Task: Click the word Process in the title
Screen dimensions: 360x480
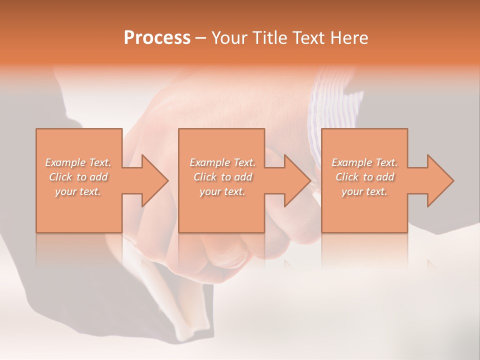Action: coord(157,38)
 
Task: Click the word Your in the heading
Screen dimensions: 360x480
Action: coord(230,38)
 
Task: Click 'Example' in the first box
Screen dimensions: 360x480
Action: coord(65,162)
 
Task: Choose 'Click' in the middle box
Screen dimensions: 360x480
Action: coord(205,177)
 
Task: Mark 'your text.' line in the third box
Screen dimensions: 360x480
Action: coord(364,191)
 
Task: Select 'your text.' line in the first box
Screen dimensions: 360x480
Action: coord(77,191)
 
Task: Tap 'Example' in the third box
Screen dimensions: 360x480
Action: coord(352,162)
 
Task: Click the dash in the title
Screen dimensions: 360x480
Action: coord(201,38)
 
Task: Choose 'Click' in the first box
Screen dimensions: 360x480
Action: coord(60,177)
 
